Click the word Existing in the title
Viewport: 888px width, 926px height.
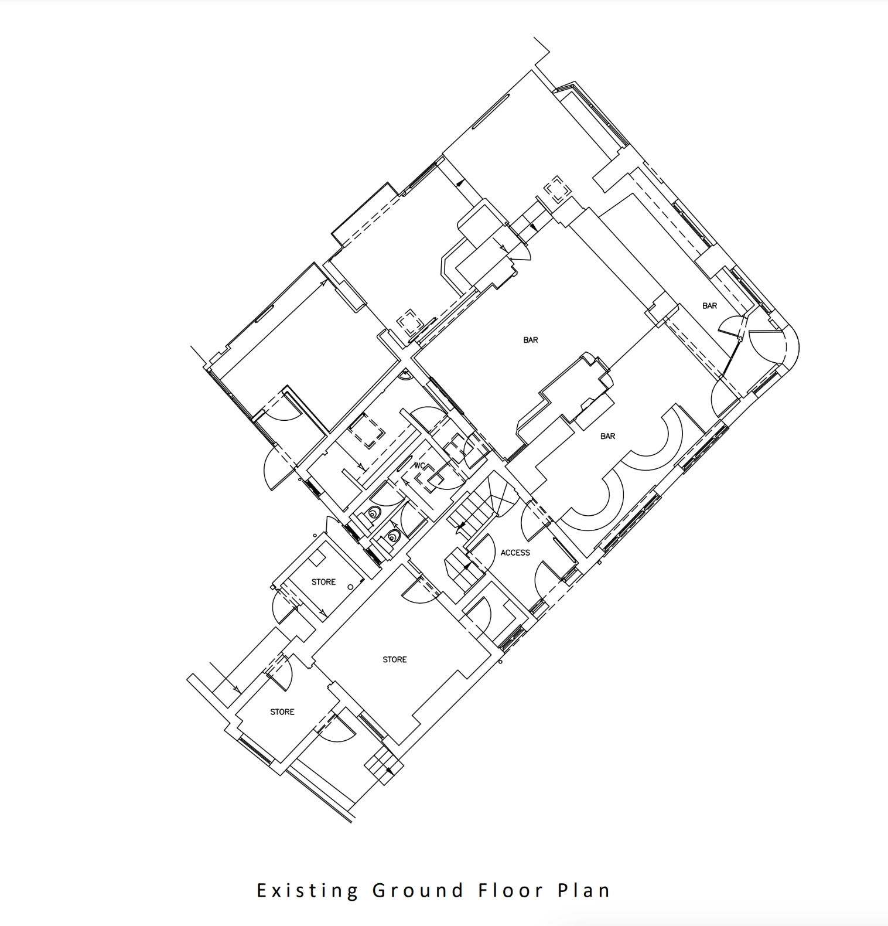pos(308,891)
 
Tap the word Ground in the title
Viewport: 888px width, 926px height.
pos(418,891)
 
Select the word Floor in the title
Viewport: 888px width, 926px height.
pos(511,891)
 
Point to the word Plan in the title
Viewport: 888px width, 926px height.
pos(583,891)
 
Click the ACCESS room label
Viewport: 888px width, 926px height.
pos(515,553)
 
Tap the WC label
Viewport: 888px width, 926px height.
pos(419,466)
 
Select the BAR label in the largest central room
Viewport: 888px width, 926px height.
pos(531,340)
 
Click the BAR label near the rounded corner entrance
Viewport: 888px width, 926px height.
pos(709,306)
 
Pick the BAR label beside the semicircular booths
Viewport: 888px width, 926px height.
pos(607,436)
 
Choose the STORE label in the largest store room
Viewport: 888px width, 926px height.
pos(394,659)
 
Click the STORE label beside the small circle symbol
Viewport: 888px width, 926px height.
pos(323,582)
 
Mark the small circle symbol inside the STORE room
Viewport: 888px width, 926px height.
pos(351,587)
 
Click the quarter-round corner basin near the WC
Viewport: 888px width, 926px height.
pos(405,375)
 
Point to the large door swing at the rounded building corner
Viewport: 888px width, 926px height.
pos(764,346)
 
